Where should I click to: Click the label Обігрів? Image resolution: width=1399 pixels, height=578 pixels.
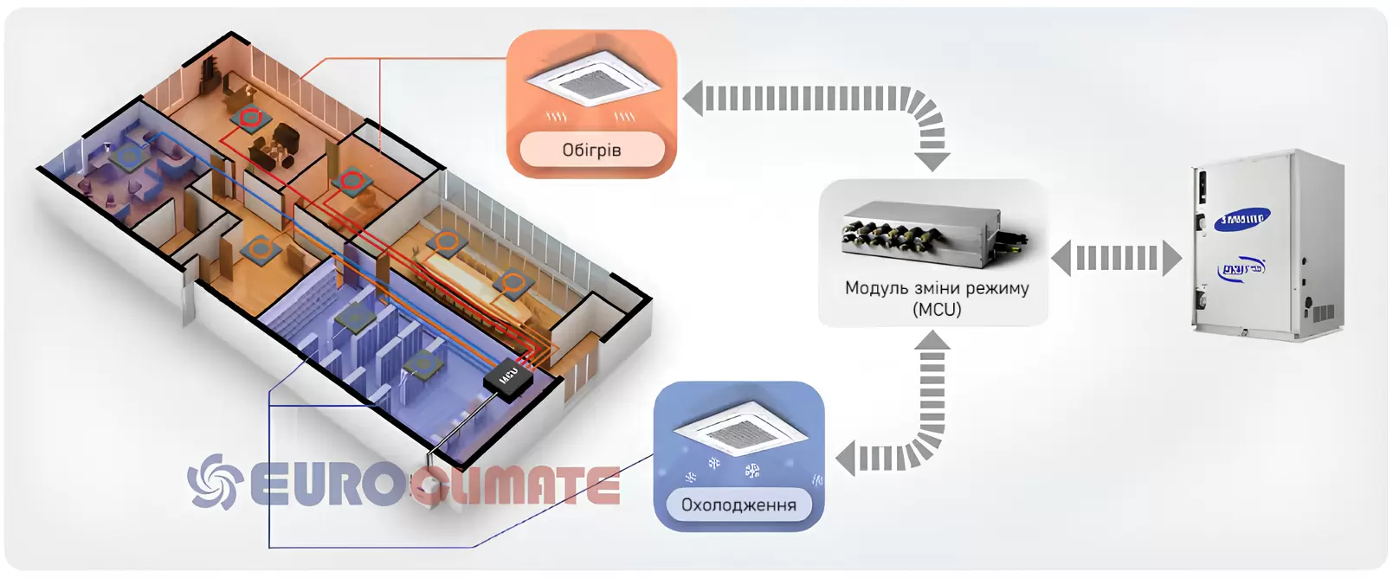(x=591, y=150)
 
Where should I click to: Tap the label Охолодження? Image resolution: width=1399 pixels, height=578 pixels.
(x=738, y=504)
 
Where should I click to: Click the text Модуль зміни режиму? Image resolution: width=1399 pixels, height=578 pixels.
(x=937, y=288)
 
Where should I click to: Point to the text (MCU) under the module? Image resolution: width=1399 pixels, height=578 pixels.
(x=937, y=309)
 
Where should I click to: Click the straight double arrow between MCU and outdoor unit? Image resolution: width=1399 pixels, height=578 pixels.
(x=1116, y=258)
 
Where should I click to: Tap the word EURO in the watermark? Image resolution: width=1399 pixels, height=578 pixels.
(x=325, y=485)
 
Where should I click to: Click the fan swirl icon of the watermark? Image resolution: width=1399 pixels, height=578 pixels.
(x=213, y=482)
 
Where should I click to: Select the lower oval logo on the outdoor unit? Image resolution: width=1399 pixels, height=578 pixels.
(x=1241, y=269)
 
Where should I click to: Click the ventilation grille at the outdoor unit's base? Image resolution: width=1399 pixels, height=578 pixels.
(x=1322, y=312)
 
